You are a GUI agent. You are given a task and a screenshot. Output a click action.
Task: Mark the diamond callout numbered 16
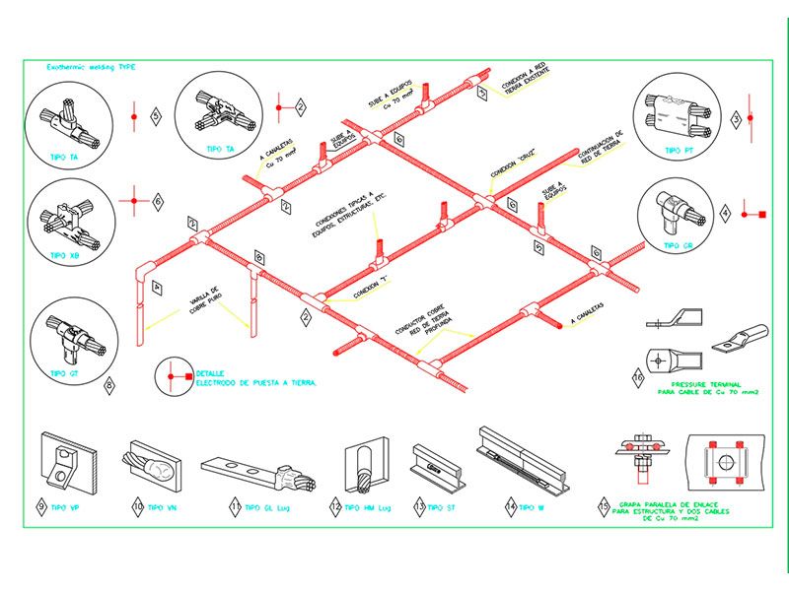click(637, 375)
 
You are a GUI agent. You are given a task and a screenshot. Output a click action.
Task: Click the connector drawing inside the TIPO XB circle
click(68, 219)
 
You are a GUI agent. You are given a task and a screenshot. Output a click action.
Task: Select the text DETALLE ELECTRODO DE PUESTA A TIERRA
click(255, 376)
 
